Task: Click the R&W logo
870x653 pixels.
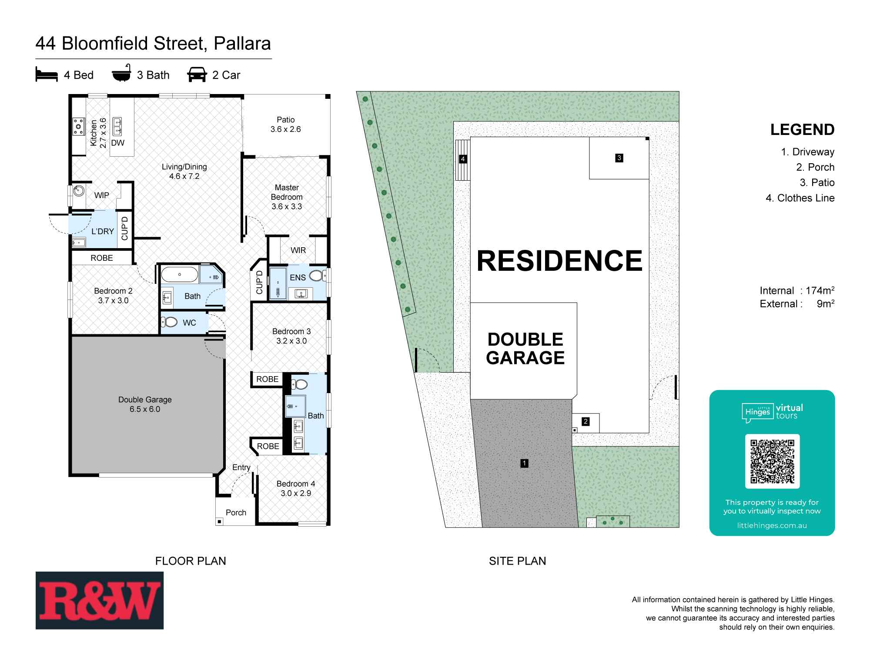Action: [x=100, y=600]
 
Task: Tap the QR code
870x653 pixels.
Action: [x=772, y=461]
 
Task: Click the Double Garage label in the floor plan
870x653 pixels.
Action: [x=145, y=404]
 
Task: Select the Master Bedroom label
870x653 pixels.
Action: [x=287, y=197]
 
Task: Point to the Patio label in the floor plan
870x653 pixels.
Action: [x=285, y=125]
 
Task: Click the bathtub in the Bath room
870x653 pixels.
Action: [x=179, y=275]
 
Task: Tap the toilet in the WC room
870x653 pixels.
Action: [x=169, y=322]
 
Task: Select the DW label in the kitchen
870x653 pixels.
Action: [x=118, y=143]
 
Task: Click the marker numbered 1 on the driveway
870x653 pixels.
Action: [x=525, y=463]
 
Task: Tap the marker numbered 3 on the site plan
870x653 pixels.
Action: [x=619, y=158]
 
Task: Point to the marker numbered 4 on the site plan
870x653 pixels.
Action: [x=463, y=159]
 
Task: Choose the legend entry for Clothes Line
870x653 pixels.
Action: [x=800, y=198]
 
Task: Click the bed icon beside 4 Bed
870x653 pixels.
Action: [x=47, y=75]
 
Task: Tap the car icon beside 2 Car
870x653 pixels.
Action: [x=197, y=75]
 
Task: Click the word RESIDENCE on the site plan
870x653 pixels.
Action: [x=559, y=261]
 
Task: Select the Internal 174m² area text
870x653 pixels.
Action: [x=797, y=290]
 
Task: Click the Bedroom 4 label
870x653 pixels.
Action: [x=296, y=488]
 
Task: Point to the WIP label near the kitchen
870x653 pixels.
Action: [x=102, y=195]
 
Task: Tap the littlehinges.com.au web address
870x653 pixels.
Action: [x=772, y=525]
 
